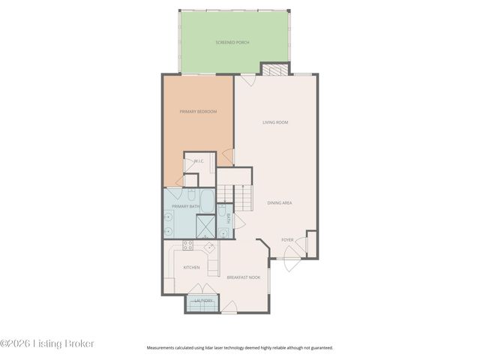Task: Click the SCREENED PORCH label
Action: pos(232,43)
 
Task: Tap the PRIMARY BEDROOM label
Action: pos(198,112)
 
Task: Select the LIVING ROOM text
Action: pos(275,122)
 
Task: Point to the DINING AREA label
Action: pos(279,203)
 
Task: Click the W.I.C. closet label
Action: pos(199,161)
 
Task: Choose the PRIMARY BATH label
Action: pos(185,206)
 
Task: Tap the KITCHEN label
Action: pos(191,267)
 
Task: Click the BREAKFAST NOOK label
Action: pos(243,277)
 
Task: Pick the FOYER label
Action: pos(287,240)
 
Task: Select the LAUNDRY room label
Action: pos(203,301)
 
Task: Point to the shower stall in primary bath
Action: pos(205,226)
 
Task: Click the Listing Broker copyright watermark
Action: pos(47,343)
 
